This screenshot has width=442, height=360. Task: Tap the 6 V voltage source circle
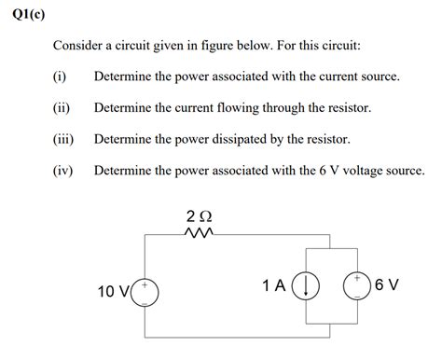coord(357,284)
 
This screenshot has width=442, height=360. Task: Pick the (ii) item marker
coord(62,108)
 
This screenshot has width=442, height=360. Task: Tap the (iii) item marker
coord(63,140)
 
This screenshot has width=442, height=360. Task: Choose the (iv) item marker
coord(63,172)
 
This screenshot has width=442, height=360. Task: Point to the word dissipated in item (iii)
coord(252,140)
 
